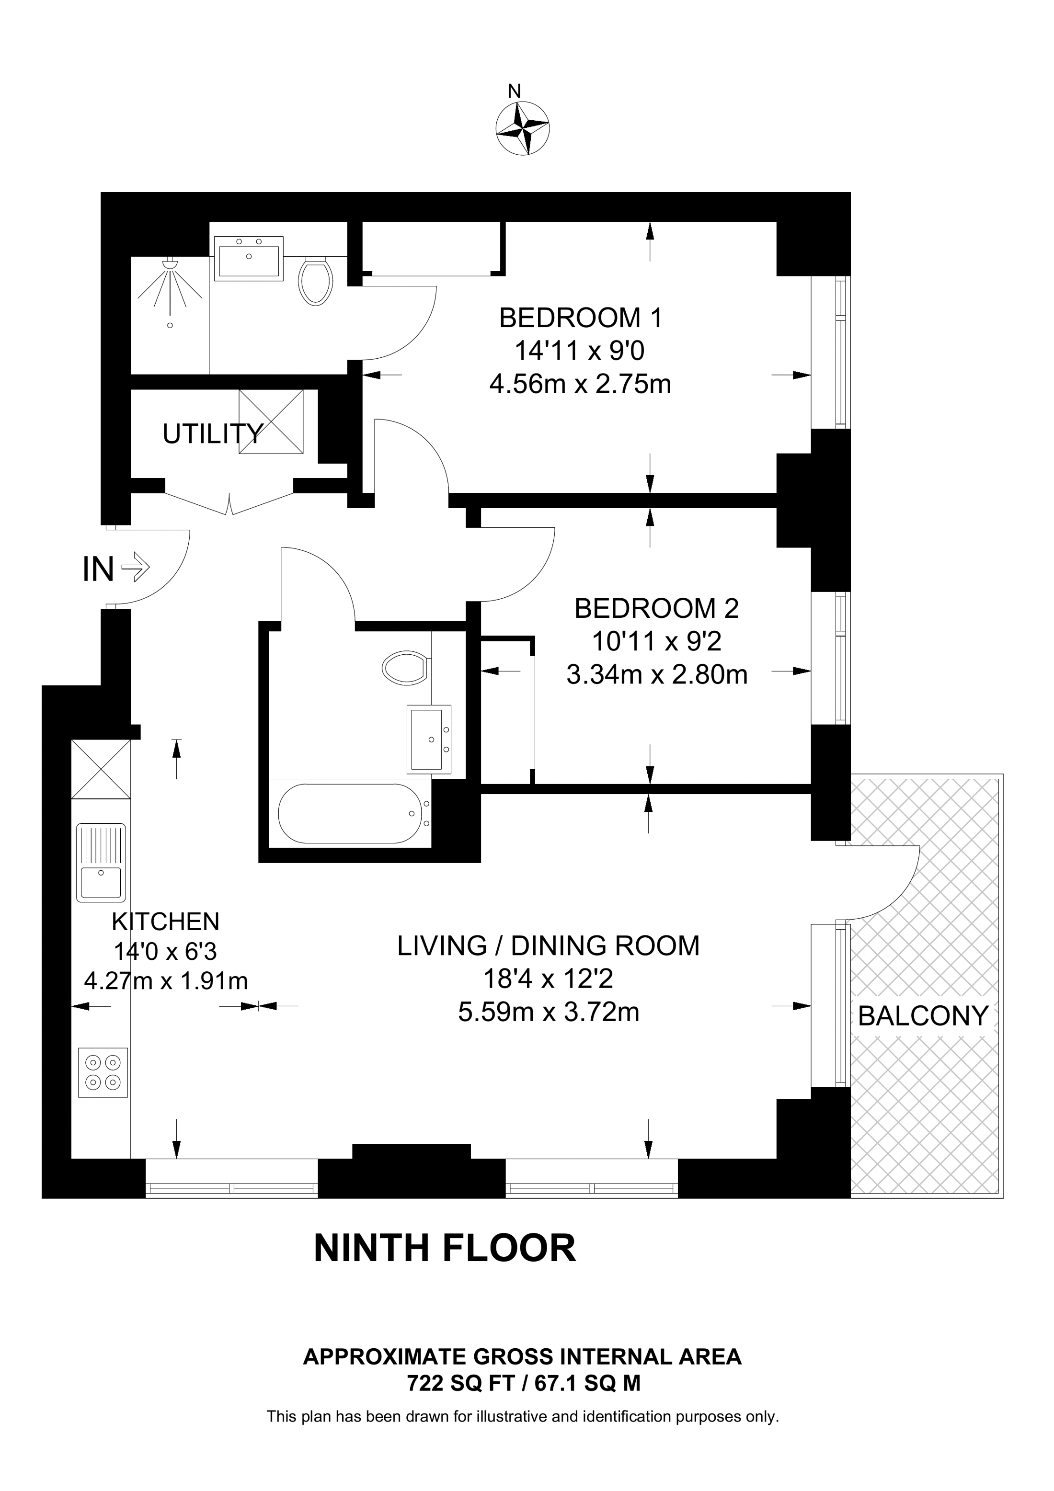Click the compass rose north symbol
522,127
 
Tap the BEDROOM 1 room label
581,318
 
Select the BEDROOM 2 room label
656,608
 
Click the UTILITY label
212,434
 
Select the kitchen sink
101,863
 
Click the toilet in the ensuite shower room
316,280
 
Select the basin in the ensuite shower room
250,259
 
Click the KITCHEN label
166,922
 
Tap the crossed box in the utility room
272,421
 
